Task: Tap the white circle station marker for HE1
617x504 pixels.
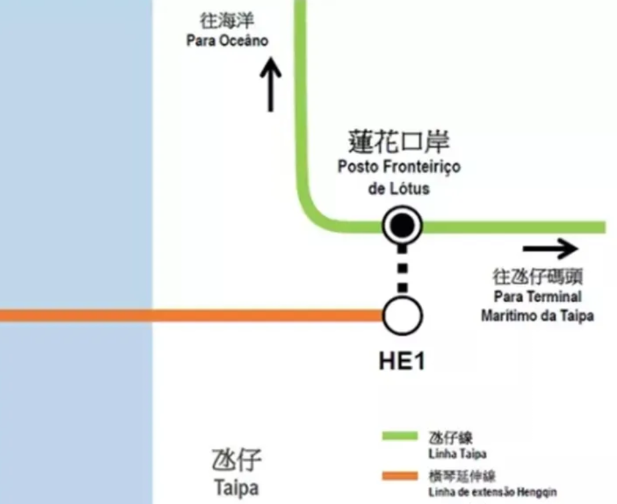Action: point(402,316)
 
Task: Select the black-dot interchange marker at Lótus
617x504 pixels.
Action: point(402,226)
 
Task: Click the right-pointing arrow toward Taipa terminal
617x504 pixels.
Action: point(550,250)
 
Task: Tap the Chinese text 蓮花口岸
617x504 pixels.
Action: point(399,141)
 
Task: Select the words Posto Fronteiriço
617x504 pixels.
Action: point(399,166)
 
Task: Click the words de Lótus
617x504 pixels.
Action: point(399,188)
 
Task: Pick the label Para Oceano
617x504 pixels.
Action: point(227,41)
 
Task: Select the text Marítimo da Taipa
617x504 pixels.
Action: point(537,316)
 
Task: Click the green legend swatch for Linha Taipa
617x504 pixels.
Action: point(399,437)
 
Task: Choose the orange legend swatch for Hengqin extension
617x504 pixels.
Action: point(399,476)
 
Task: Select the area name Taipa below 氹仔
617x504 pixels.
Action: point(236,488)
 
